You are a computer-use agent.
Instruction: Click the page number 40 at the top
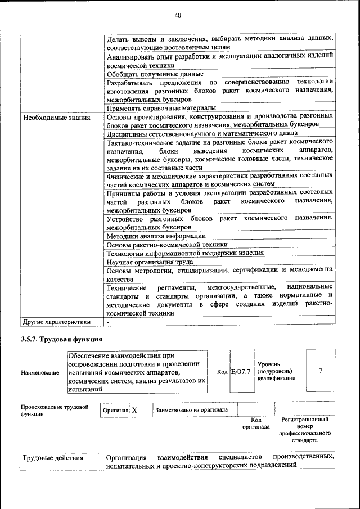177,15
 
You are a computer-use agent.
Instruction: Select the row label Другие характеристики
56,322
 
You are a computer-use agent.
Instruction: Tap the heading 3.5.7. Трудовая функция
61,340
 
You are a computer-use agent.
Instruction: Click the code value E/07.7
241,372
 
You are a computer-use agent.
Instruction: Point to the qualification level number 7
321,371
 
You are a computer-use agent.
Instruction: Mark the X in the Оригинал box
135,410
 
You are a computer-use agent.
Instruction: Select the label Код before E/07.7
222,372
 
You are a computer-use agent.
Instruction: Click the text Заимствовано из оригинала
192,410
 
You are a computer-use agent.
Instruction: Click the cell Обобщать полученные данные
155,74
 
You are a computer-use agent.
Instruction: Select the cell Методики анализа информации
156,236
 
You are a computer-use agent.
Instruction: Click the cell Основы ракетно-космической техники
167,245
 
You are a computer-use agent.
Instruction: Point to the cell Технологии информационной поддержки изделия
179,253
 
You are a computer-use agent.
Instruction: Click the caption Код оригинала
256,423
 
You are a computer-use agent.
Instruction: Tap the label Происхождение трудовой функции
55,411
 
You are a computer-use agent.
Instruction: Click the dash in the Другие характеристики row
108,322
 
